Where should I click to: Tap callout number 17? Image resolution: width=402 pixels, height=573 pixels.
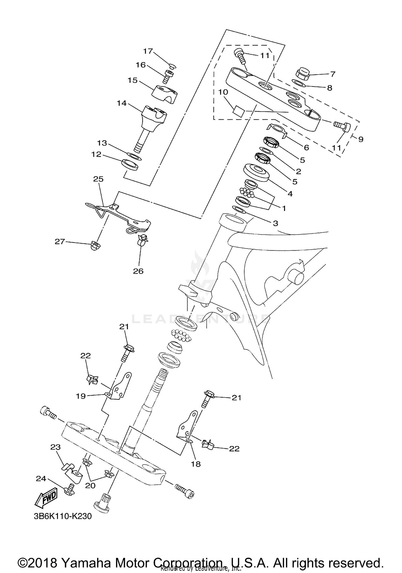(x=148, y=51)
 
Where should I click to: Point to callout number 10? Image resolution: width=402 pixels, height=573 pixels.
(x=223, y=92)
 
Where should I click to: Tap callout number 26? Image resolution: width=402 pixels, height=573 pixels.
(x=138, y=271)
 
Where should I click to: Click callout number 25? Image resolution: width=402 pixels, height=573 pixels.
(x=98, y=179)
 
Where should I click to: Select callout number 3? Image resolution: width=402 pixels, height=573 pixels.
(x=275, y=223)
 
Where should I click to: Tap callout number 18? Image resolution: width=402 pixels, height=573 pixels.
(x=196, y=464)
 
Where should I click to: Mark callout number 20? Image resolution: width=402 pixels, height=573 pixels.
(x=90, y=486)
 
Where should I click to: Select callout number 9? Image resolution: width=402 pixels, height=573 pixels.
(x=361, y=139)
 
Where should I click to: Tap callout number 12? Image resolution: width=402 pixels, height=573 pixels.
(x=96, y=154)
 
